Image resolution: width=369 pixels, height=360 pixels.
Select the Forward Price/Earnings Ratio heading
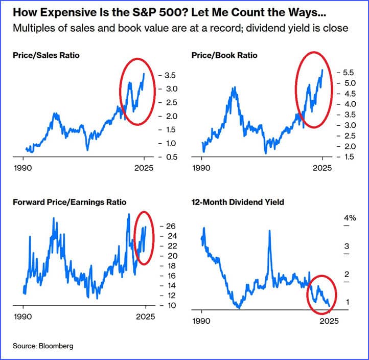[69, 202]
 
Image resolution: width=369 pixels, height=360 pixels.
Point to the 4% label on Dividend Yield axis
[350, 218]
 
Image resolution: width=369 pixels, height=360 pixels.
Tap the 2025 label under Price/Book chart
[322, 167]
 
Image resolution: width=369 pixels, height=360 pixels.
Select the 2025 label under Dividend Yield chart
[329, 321]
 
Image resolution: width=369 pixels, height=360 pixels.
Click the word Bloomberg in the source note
[56, 346]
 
